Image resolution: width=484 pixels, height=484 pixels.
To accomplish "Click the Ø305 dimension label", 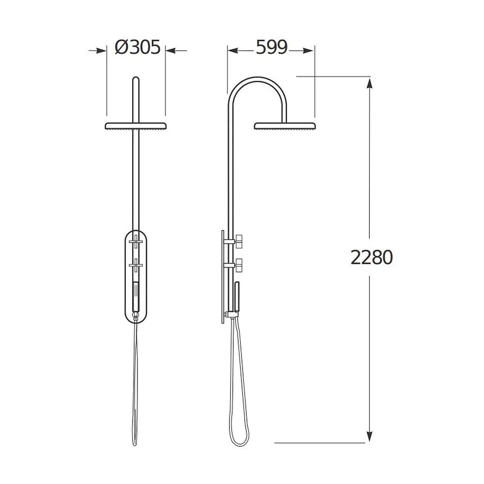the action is click(x=137, y=47).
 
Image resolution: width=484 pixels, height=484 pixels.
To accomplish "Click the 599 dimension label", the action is click(x=272, y=47).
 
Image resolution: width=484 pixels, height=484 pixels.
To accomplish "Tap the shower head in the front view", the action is click(x=136, y=126).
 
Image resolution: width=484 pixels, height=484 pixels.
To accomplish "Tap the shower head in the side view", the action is click(x=285, y=126).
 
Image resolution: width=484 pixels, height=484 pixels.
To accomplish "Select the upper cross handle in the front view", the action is click(x=136, y=241).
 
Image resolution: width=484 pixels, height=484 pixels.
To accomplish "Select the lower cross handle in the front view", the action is click(x=136, y=265).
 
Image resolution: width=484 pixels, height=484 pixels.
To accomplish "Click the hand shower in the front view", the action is click(x=136, y=297).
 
